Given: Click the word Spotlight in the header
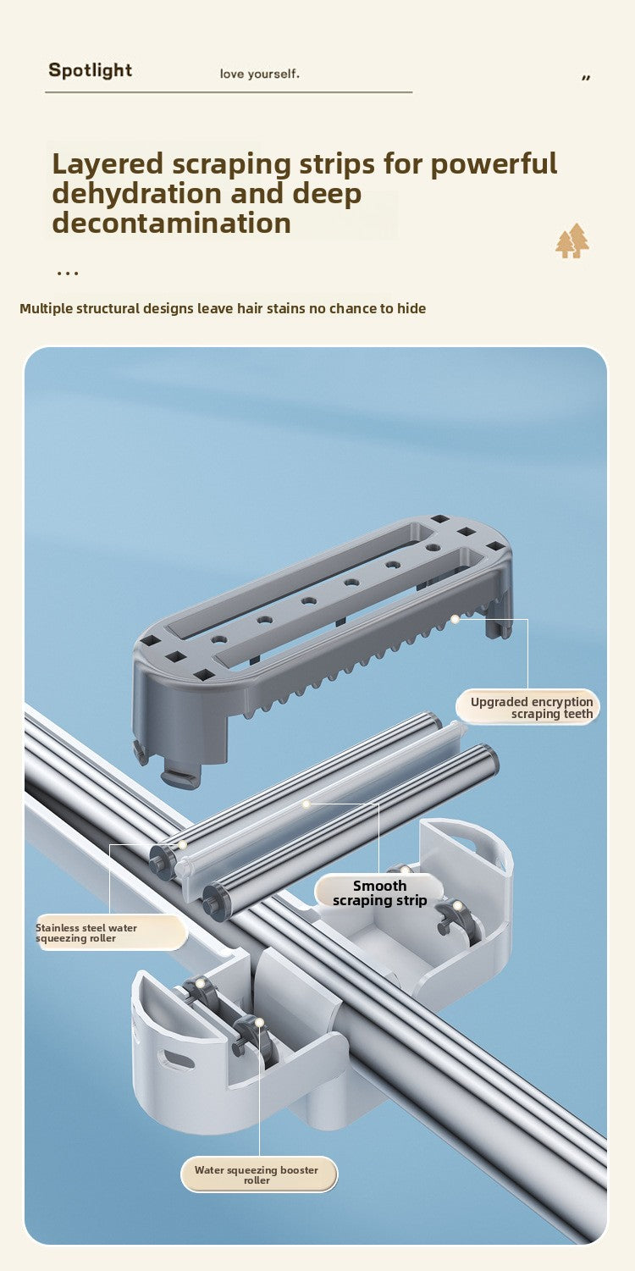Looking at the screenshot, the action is point(91,70).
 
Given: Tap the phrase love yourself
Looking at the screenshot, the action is point(259,74).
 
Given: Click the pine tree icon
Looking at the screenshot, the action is point(572,240).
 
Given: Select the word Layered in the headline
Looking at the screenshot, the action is point(108,164).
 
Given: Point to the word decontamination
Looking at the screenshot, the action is point(171,223).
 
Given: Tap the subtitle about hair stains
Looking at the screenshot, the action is point(223,309).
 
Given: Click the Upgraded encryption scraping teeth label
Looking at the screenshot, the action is point(528,707).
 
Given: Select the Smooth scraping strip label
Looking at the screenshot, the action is point(379,892).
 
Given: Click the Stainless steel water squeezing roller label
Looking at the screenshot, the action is point(111,933).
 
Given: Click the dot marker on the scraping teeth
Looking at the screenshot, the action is point(456,620).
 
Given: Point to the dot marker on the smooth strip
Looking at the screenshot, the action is point(306,804).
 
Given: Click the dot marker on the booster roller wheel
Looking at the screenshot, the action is point(259,1023).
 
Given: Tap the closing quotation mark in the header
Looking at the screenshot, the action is point(586,77).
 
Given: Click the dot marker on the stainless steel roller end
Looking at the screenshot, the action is point(183,844).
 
